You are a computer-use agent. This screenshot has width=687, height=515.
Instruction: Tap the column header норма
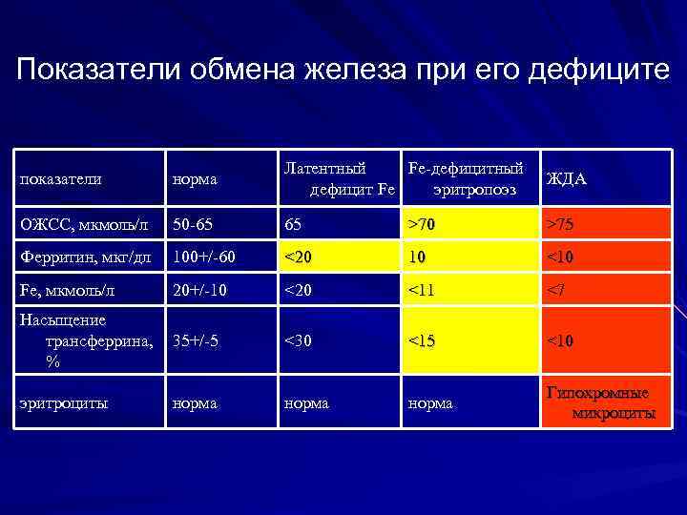pyautogui.click(x=195, y=178)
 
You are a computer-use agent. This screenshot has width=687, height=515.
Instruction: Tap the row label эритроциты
pyautogui.click(x=63, y=403)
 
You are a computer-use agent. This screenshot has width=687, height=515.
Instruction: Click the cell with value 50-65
pyautogui.click(x=194, y=225)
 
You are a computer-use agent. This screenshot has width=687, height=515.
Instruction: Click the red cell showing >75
pyautogui.click(x=561, y=225)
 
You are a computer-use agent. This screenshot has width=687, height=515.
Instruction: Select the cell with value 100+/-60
pyautogui.click(x=203, y=257)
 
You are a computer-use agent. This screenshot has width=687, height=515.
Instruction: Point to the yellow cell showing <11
pyautogui.click(x=420, y=289)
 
